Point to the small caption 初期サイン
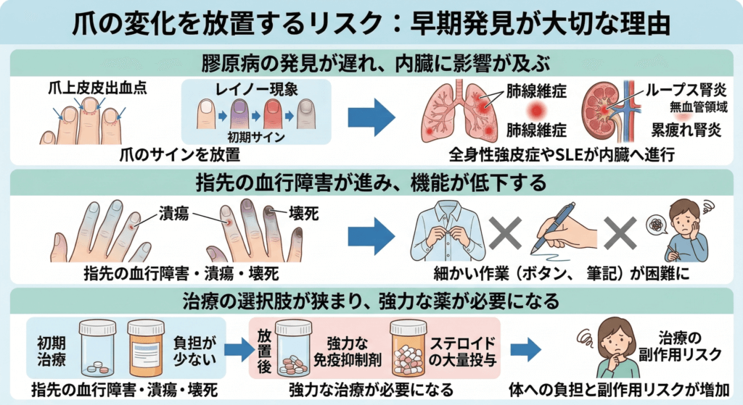[258, 136]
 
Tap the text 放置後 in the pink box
[263, 350]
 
